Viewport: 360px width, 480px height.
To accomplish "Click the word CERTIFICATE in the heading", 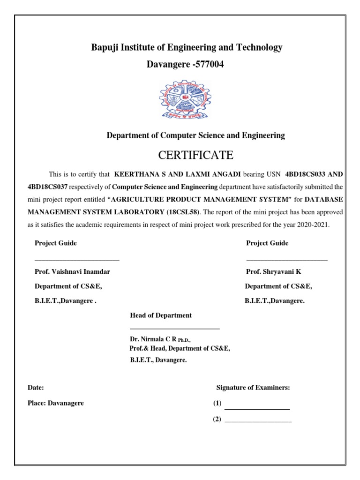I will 196,155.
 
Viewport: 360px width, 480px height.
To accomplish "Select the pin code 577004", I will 209,65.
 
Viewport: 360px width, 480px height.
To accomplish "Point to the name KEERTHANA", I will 136,174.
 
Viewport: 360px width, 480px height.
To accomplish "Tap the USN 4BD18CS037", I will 48,187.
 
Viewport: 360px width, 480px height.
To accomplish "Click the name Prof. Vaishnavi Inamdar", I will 72,272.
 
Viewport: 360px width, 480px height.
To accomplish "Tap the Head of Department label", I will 161,315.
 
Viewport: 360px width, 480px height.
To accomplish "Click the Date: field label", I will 36,388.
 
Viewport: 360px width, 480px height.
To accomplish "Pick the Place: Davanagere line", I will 56,403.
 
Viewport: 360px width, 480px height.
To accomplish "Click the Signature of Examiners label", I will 253,388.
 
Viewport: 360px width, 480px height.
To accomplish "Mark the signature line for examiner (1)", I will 257,409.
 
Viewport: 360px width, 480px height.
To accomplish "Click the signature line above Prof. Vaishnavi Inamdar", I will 77,260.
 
